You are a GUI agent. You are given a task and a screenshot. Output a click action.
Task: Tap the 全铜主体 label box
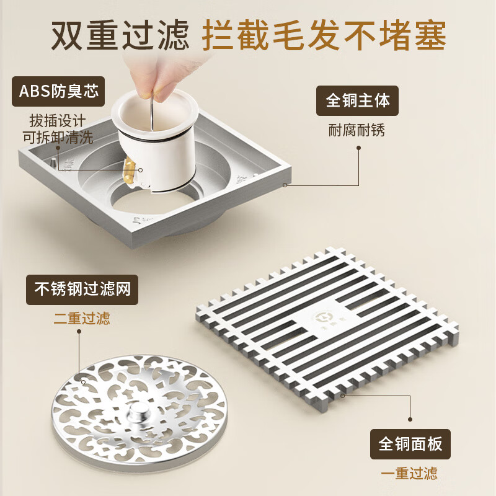(358, 100)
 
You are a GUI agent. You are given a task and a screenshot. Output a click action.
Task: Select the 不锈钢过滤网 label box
(82, 290)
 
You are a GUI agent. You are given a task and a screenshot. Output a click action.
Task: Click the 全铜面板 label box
(410, 444)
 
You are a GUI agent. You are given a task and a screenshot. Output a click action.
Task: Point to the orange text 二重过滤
(82, 319)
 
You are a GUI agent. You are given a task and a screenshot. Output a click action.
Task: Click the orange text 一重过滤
(409, 474)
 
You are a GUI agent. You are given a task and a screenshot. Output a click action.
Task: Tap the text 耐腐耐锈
(356, 130)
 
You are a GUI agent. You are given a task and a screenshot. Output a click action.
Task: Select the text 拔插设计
(57, 120)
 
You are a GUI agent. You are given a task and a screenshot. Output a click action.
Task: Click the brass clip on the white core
(130, 168)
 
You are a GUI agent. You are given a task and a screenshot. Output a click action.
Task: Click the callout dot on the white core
(141, 170)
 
